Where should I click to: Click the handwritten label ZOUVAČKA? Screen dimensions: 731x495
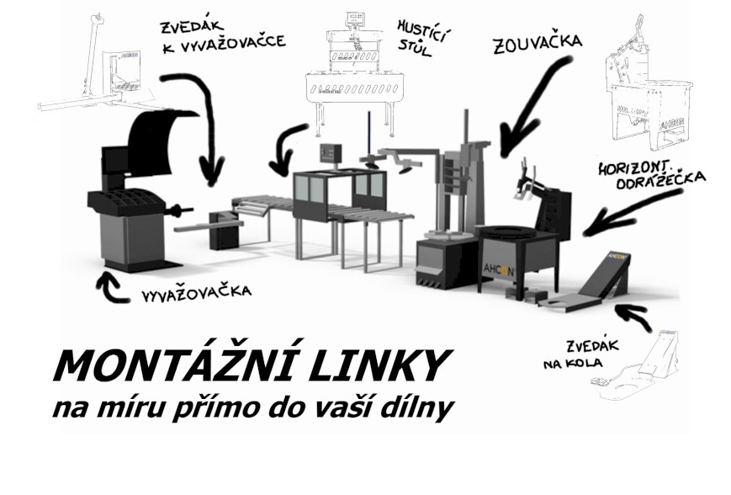coord(538,44)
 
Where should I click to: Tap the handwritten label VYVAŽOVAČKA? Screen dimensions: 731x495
coord(196,292)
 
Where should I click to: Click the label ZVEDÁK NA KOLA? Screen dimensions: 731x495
coord(581,354)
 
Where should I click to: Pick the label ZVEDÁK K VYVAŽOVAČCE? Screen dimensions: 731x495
coord(223,36)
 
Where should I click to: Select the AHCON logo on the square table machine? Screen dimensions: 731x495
coord(499,269)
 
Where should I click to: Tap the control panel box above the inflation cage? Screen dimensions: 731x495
coord(331,153)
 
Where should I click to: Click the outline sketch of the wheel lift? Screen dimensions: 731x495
coord(638,365)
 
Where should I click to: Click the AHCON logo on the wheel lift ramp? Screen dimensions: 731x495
coord(617,256)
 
